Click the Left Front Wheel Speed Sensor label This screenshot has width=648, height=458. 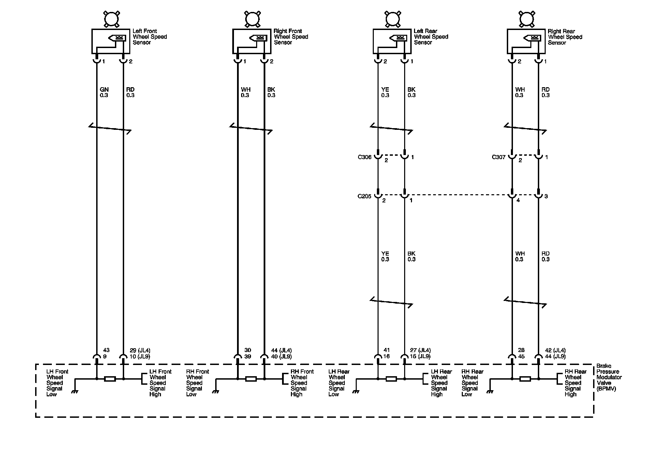[149, 37]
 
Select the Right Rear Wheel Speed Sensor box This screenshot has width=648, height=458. [526, 41]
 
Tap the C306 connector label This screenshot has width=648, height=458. [364, 157]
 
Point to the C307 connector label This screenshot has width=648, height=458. [498, 157]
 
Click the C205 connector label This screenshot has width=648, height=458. [364, 196]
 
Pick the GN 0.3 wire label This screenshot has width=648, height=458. [104, 92]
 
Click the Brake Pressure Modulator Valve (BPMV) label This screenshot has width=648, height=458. [609, 377]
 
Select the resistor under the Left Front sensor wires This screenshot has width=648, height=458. [110, 379]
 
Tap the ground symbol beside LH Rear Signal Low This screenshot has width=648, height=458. [356, 392]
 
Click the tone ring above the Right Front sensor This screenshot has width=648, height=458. [252, 18]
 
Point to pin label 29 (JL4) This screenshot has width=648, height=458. [140, 350]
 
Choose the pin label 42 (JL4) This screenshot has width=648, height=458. [555, 350]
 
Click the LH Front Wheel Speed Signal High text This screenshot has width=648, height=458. [160, 383]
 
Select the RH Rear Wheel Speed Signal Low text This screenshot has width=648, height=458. [472, 383]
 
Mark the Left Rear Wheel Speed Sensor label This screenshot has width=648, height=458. [431, 37]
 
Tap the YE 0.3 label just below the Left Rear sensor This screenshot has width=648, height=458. [385, 92]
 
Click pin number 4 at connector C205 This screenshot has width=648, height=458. [518, 200]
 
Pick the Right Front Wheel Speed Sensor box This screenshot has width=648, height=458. [252, 41]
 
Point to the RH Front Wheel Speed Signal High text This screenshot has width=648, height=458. [302, 383]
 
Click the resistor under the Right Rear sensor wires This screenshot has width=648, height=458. [525, 379]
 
